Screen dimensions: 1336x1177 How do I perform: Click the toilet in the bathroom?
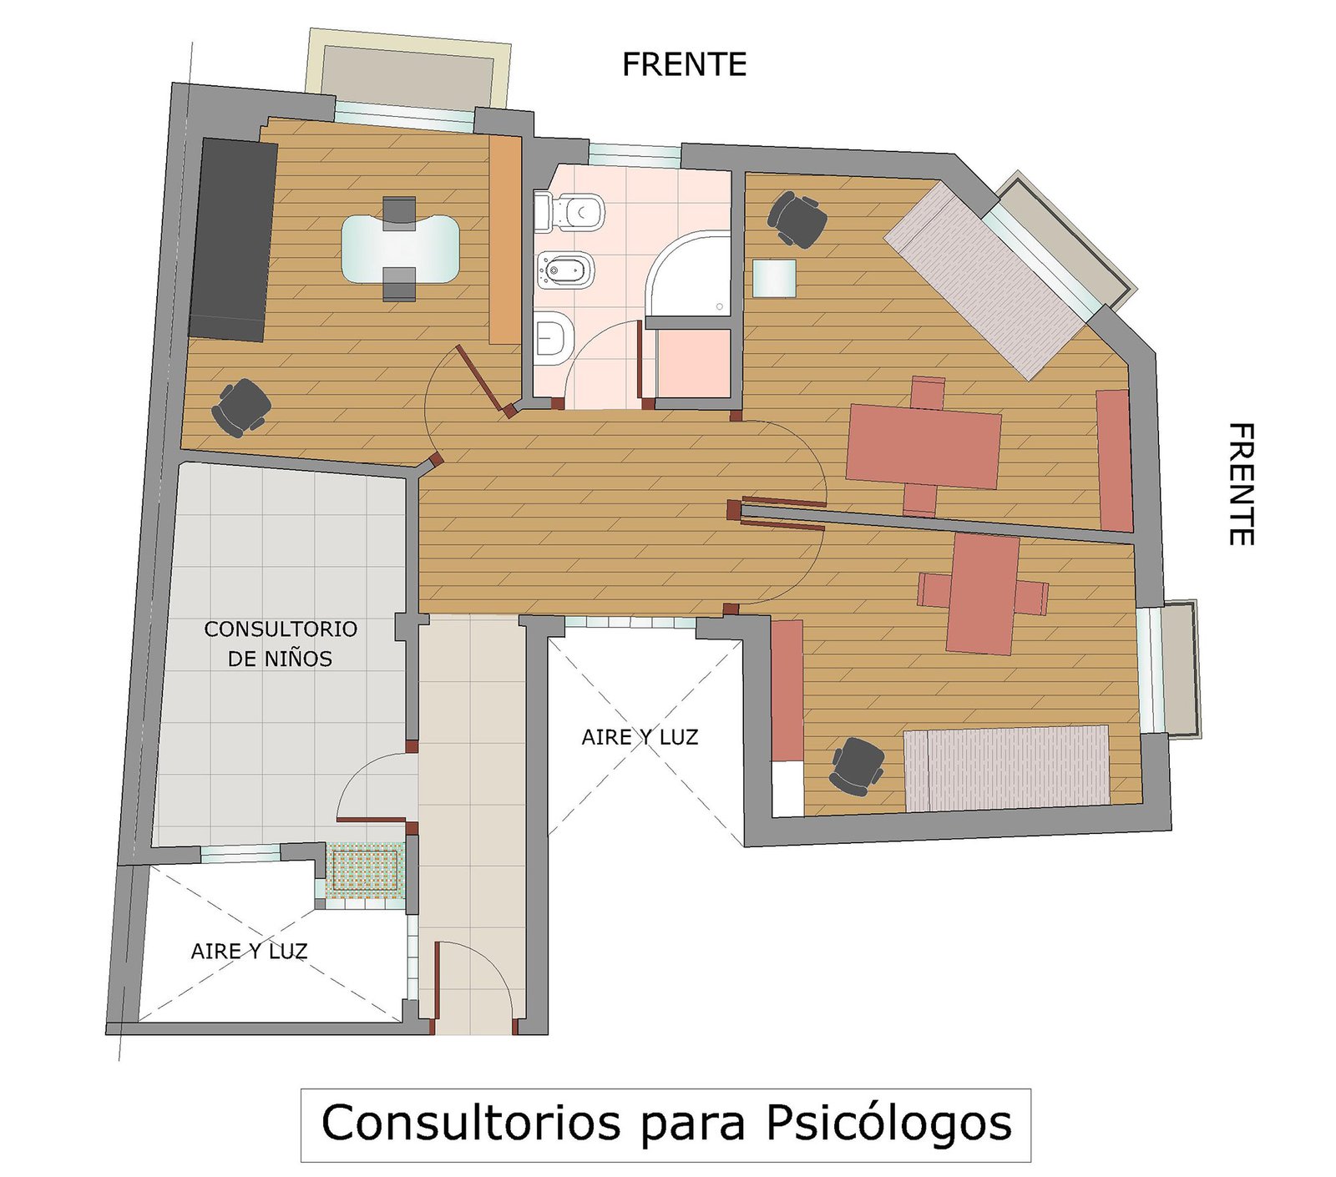tap(569, 212)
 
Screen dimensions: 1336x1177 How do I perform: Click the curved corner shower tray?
tap(689, 275)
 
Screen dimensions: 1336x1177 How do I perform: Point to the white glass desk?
tap(400, 248)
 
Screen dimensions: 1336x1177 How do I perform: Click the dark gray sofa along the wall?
tap(233, 239)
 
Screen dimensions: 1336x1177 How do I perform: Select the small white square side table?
tap(774, 278)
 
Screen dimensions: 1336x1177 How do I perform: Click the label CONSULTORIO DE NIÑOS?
tap(281, 644)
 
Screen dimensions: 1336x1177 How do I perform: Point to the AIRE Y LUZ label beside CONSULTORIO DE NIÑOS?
tap(249, 951)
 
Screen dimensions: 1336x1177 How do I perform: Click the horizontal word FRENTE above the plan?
tap(684, 64)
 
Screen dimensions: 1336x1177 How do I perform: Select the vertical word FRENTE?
tap(1241, 484)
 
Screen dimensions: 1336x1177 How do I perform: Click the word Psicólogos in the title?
tap(889, 1123)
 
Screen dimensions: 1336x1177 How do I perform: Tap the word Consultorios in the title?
tap(471, 1122)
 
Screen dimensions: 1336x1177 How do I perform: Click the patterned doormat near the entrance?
tap(364, 871)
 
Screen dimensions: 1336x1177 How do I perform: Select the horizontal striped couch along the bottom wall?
tap(1007, 768)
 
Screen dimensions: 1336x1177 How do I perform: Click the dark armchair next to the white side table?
tap(797, 220)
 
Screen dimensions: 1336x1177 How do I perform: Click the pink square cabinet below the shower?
tap(693, 364)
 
